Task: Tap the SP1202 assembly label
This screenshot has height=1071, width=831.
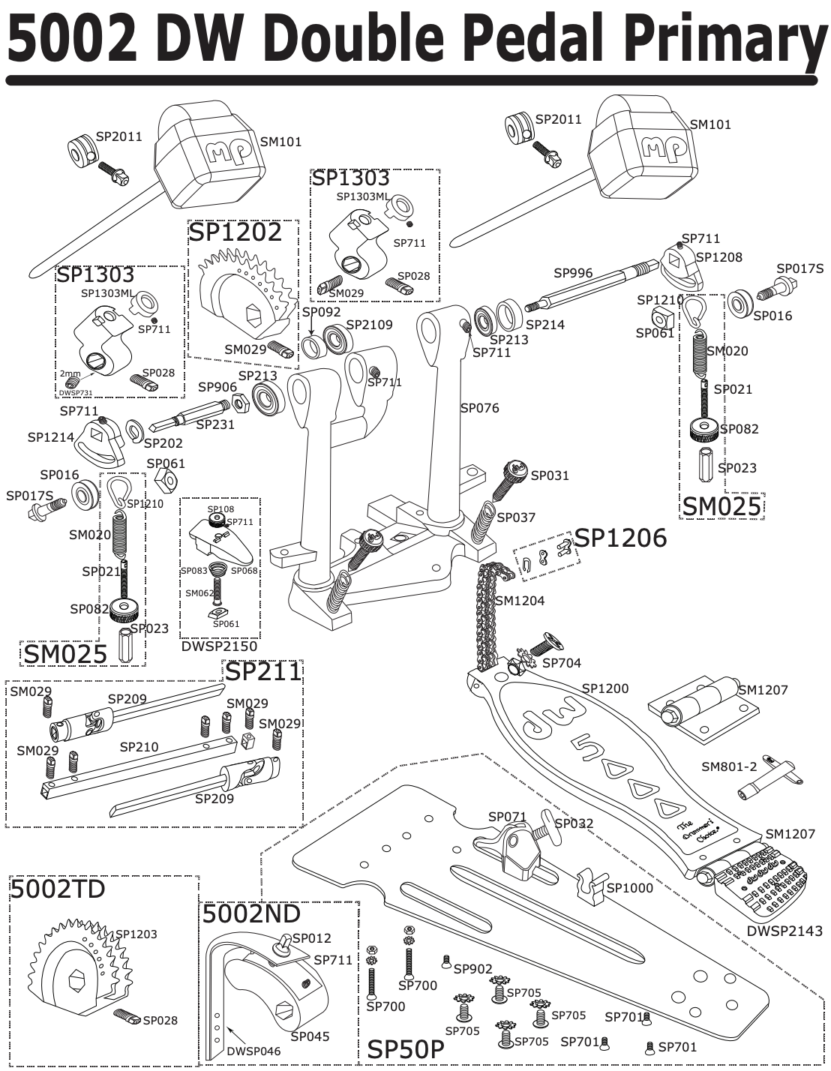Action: coord(235,232)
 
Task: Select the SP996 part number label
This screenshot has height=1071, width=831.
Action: coord(573,273)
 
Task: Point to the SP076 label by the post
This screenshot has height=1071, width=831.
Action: coord(479,408)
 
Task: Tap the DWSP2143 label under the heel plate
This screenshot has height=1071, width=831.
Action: coord(784,931)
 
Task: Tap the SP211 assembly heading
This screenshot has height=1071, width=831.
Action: coord(263,671)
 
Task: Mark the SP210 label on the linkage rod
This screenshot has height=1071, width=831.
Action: coord(139,747)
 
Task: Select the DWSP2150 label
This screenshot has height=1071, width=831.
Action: coord(219,646)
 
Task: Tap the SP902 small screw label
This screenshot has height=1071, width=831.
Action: coord(473,968)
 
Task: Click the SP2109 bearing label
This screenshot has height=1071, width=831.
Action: coord(369,325)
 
